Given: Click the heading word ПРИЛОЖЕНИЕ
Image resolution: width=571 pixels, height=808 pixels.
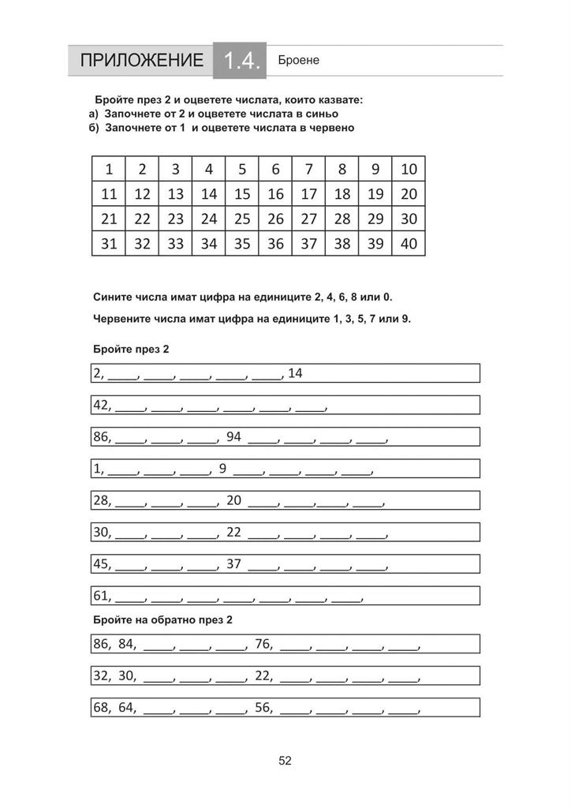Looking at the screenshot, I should pyautogui.click(x=141, y=61).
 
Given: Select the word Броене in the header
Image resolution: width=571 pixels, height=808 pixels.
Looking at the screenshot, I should pyautogui.click(x=298, y=60).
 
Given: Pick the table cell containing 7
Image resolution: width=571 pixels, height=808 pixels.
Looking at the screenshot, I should pyautogui.click(x=309, y=169).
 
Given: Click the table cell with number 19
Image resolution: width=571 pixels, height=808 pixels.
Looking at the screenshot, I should pyautogui.click(x=375, y=194).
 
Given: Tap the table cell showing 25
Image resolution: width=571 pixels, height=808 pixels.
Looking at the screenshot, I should pyautogui.click(x=242, y=219).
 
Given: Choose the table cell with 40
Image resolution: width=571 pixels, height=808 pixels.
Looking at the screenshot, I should pyautogui.click(x=409, y=244).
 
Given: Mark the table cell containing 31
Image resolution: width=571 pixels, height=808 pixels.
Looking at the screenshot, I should pyautogui.click(x=109, y=244).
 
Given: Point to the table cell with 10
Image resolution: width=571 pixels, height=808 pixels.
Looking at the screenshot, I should pyautogui.click(x=409, y=169).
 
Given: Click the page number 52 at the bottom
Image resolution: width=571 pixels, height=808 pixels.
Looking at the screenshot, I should pyautogui.click(x=285, y=761).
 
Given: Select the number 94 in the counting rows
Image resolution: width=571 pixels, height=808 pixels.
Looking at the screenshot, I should pyautogui.click(x=233, y=436).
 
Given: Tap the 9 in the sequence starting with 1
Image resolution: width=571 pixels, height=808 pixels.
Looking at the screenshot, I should pyautogui.click(x=222, y=469).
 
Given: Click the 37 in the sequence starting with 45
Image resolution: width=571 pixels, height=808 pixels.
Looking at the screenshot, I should pyautogui.click(x=233, y=563).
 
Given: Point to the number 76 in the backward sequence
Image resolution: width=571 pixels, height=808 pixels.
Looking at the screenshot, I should pyautogui.click(x=263, y=644).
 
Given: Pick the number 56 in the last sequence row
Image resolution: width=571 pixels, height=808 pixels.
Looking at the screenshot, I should pyautogui.click(x=263, y=707).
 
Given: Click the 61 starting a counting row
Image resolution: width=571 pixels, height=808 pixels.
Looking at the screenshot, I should pyautogui.click(x=102, y=596).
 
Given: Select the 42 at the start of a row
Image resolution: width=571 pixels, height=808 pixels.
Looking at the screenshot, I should pyautogui.click(x=102, y=405).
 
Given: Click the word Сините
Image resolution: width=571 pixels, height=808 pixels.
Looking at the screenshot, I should pyautogui.click(x=112, y=297).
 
